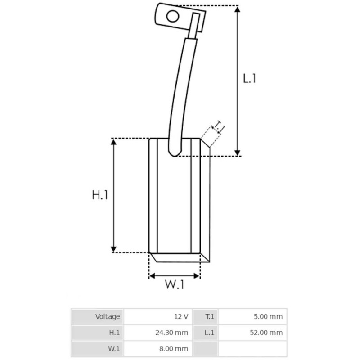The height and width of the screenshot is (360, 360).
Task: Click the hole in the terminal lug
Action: tap(172, 17)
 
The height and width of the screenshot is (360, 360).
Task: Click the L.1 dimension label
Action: tap(249, 78)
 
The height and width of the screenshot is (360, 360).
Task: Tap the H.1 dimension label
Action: tap(100, 195)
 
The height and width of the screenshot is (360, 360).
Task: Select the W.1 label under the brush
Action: tap(174, 285)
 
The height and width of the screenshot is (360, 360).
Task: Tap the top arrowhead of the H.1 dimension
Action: tap(114, 142)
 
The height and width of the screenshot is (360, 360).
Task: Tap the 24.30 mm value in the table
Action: tap(173, 333)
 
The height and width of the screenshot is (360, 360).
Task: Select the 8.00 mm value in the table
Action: tap(175, 349)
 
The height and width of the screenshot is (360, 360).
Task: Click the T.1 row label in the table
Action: tap(210, 316)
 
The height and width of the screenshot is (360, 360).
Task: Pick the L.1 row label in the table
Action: tap(210, 333)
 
